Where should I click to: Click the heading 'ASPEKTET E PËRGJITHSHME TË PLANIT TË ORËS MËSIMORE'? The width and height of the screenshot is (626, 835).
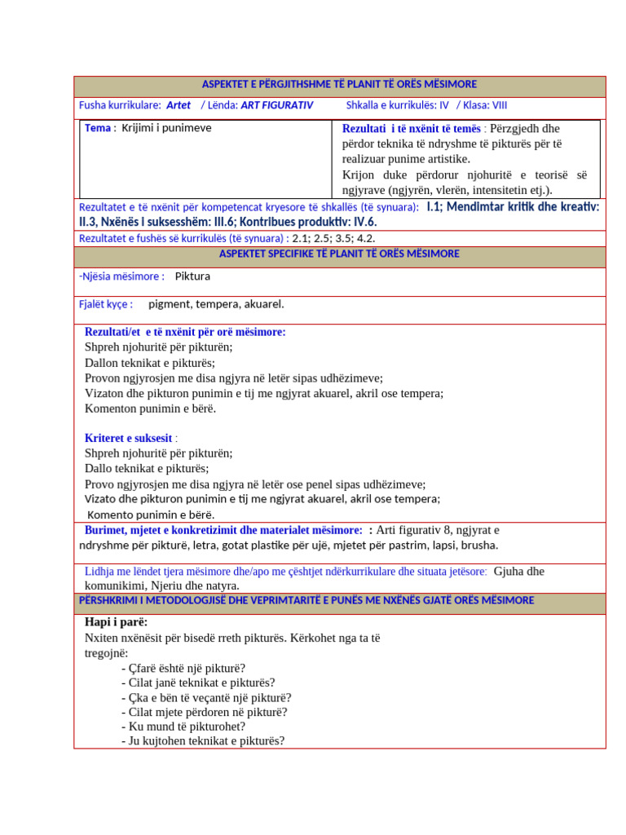click(x=339, y=85)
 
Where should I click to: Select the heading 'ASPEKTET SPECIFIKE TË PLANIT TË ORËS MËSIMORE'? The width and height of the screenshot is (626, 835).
click(x=339, y=254)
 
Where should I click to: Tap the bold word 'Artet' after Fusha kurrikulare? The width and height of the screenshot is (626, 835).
click(x=179, y=105)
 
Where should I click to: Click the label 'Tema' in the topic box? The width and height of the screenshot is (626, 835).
click(x=97, y=128)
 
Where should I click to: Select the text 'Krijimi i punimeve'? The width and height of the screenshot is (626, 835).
click(x=166, y=128)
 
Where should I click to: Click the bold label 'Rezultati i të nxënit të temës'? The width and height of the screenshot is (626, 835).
click(x=412, y=129)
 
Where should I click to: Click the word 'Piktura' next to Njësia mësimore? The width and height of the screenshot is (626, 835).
click(x=192, y=276)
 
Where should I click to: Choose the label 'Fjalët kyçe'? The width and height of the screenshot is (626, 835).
click(x=105, y=304)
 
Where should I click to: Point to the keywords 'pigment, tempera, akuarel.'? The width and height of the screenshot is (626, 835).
click(x=216, y=304)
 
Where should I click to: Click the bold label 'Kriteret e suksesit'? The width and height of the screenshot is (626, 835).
click(x=128, y=439)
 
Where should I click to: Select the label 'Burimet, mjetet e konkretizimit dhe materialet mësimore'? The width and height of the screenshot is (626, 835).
click(x=223, y=530)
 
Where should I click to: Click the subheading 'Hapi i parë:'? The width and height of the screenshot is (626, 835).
click(x=116, y=622)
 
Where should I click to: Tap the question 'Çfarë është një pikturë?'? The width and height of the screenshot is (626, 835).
click(x=187, y=669)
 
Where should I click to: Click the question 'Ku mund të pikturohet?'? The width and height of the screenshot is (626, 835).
click(x=187, y=727)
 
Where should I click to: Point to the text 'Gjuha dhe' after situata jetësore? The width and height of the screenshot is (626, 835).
click(x=518, y=572)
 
